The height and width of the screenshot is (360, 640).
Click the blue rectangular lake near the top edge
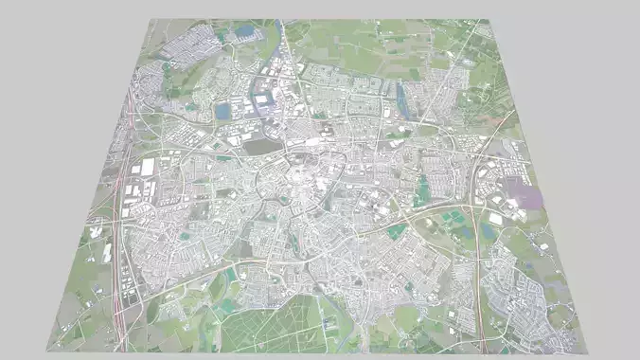click(245, 31)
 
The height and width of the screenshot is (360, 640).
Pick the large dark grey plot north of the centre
click(257, 145)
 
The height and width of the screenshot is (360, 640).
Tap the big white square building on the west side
click(148, 168)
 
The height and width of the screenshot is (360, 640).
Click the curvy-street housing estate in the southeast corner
click(521, 294)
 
